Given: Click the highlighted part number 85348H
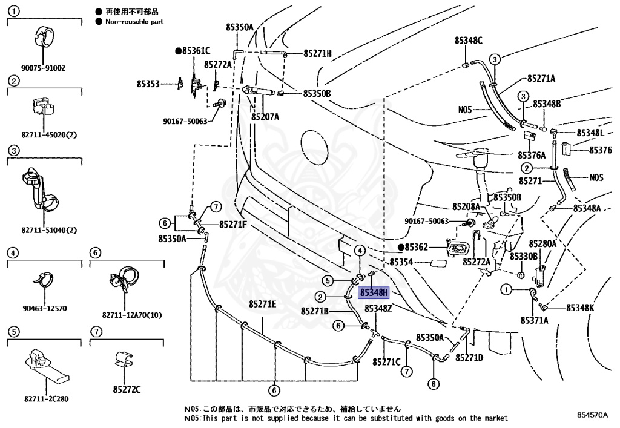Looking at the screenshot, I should click(x=373, y=293).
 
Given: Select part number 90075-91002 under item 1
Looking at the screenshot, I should click(x=44, y=68).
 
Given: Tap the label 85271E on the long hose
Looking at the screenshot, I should click(x=262, y=304).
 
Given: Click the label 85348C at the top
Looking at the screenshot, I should click(x=468, y=41).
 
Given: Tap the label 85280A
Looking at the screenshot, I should click(x=543, y=244).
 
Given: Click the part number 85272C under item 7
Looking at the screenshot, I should click(x=127, y=389).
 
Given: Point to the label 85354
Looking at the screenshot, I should click(x=401, y=262).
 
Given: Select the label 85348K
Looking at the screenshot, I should click(x=580, y=308).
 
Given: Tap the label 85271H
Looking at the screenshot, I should click(x=317, y=53).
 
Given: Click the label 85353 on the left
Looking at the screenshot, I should click(x=148, y=84).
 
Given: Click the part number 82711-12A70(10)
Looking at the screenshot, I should click(x=127, y=315).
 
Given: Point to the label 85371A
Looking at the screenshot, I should click(x=533, y=320).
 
